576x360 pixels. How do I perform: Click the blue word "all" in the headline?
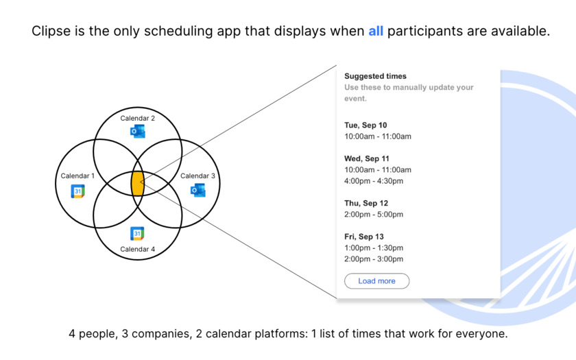point(376,31)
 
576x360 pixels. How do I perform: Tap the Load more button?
point(376,281)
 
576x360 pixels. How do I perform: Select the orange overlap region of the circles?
point(137,183)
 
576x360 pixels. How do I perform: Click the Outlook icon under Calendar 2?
point(137,131)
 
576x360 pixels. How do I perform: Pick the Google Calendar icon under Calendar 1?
point(78,191)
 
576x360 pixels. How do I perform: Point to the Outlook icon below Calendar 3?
point(197,190)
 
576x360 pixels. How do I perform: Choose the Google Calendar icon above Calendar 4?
point(137,233)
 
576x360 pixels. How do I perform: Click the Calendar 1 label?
point(77,176)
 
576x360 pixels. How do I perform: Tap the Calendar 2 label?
point(137,118)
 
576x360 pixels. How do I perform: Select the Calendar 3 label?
point(197,176)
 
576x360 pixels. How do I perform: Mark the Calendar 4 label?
point(137,249)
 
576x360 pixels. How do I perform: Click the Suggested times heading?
point(376,76)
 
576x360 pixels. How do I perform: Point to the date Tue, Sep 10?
point(365,125)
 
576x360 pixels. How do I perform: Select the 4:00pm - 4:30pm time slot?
point(374,181)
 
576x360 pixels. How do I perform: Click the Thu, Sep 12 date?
point(366,203)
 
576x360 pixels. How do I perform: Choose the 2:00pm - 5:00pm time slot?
point(374,214)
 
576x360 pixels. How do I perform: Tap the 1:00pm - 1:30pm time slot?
point(374,248)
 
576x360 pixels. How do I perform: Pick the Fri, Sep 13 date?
point(363,237)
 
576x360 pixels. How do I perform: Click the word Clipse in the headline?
point(51,32)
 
